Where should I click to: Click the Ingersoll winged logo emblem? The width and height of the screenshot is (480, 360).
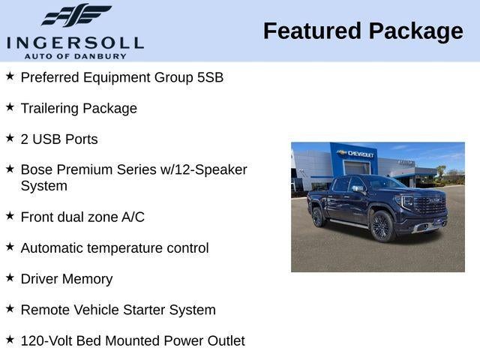76,15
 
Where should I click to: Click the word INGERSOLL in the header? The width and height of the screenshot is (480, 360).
75,42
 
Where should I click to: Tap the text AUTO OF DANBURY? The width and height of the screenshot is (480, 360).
75,55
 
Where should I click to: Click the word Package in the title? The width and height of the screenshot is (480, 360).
415,31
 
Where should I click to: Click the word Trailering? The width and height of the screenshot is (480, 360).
49,108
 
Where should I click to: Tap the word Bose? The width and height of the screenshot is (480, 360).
37,170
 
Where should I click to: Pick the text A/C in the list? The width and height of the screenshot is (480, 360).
133,217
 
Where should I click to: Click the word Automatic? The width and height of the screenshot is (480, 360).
52,248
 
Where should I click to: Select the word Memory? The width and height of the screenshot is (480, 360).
87,279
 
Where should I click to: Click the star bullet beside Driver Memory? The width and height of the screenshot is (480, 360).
10,277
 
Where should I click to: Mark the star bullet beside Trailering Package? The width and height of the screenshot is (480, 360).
10,106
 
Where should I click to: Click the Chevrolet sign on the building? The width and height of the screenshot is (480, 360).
356,154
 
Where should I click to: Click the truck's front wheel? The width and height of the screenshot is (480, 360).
382,226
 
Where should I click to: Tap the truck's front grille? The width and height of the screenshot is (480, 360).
430,205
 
